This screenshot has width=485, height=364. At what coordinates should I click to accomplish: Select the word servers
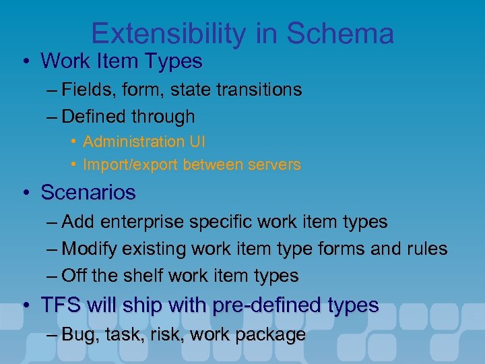pyautogui.click(x=276, y=164)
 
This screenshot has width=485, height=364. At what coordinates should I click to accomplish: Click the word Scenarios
pyautogui.click(x=88, y=193)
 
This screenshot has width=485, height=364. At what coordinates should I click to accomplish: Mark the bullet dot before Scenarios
pyautogui.click(x=24, y=193)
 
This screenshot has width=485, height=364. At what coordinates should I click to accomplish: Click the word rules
pyautogui.click(x=426, y=249)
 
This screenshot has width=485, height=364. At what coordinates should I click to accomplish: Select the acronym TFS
pyautogui.click(x=59, y=305)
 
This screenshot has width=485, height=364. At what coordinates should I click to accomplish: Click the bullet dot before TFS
pyautogui.click(x=24, y=306)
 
